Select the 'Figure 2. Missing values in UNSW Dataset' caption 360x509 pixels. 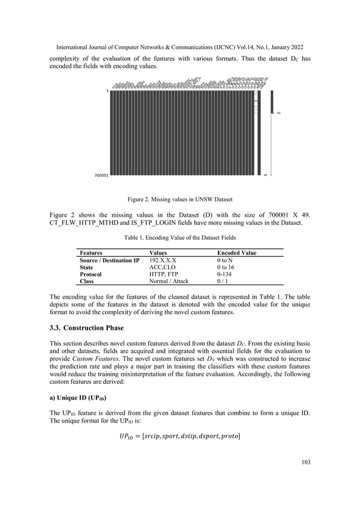(x=179, y=199)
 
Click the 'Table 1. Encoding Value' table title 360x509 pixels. (x=179, y=239)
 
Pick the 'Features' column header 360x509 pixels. (x=94, y=253)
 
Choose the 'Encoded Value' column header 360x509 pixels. (x=236, y=253)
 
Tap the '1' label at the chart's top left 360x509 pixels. (x=107, y=90)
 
